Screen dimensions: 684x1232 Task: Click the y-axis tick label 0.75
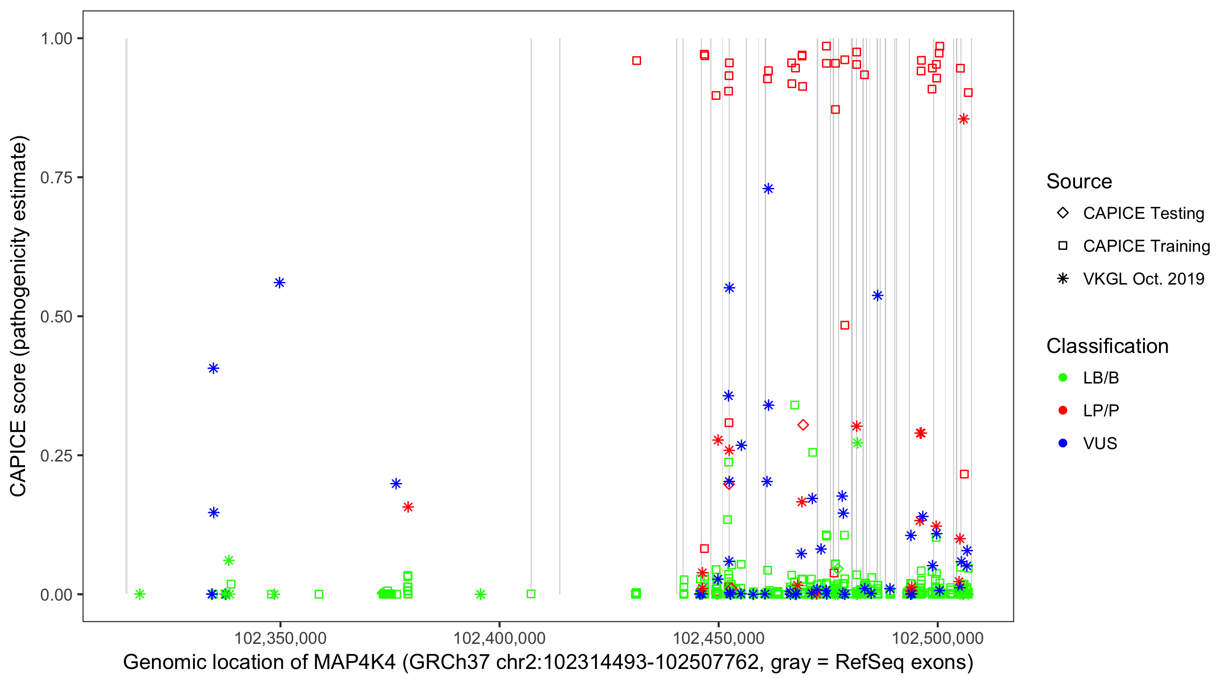56,177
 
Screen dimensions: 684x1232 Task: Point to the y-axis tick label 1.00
56,38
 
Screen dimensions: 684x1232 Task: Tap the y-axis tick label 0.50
56,316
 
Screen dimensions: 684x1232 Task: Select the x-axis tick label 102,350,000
280,638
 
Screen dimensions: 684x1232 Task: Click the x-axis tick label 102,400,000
499,638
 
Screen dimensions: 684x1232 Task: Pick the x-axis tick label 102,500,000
938,638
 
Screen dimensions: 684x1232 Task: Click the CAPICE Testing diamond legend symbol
1063,213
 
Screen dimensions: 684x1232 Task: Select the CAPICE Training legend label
1146,246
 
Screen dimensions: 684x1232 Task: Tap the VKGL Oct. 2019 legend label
1143,279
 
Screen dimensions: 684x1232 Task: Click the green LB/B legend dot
1063,378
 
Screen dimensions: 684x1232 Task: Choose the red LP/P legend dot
1063,410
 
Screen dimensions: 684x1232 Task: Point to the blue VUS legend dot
1063,444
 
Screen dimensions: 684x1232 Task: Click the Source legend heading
1079,181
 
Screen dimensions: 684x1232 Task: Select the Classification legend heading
1107,346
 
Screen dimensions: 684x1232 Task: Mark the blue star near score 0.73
768,189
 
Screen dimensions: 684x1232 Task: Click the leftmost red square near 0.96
637,61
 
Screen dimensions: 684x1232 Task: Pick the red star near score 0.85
964,119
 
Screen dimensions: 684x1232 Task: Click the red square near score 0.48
845,326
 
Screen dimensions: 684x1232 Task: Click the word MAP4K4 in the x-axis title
355,663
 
